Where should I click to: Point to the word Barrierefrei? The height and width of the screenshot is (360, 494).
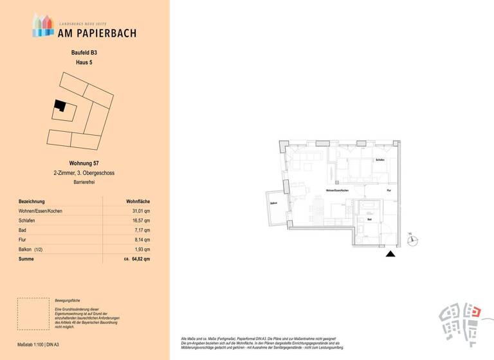(84, 183)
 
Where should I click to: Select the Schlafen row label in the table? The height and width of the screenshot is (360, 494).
(27, 221)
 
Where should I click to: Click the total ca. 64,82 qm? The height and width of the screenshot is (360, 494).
(136, 259)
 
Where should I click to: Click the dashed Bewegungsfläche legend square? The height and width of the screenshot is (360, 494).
(33, 314)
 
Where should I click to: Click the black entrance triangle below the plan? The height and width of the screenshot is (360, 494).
(389, 255)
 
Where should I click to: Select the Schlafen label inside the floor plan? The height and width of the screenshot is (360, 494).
(380, 159)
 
